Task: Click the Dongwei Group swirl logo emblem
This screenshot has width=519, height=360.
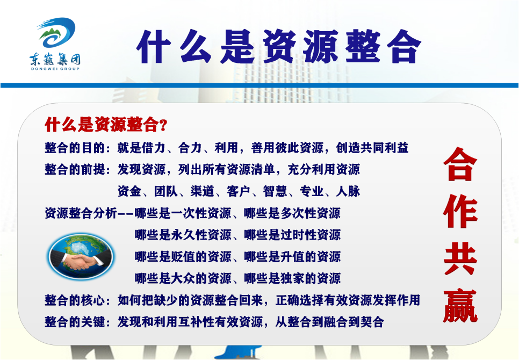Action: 56,33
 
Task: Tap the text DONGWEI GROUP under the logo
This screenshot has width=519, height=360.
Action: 55,69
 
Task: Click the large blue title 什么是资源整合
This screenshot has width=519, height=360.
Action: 279,47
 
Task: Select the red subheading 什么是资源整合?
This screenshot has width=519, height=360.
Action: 106,125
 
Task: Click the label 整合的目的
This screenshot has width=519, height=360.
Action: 75,148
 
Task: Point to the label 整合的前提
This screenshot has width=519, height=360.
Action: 75,169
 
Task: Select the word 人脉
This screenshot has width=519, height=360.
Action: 348,191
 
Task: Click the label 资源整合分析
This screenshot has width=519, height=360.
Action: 81,213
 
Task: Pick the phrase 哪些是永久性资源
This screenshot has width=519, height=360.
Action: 183,235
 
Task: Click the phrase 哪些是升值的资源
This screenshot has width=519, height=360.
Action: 293,257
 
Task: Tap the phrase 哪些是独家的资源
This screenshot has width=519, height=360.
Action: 293,278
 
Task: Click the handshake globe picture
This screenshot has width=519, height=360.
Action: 81,256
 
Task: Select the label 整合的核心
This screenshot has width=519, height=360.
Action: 75,300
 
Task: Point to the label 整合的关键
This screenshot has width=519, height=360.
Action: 75,322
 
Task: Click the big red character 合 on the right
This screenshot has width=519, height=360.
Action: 460,164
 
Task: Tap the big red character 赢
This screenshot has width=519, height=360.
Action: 460,306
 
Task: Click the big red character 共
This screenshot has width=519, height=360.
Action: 460,259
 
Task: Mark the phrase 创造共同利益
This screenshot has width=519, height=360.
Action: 372,148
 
